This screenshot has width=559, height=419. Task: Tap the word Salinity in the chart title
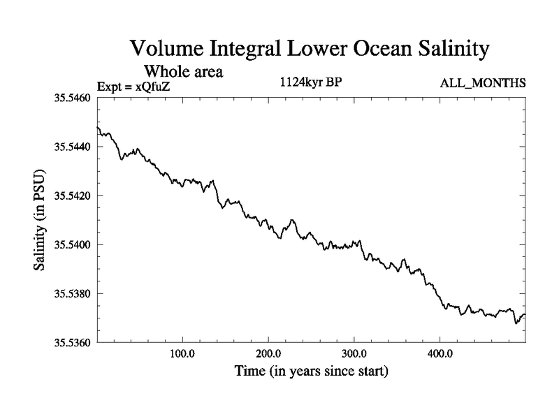pos(437,50)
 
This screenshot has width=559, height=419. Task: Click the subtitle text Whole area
pos(183,71)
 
